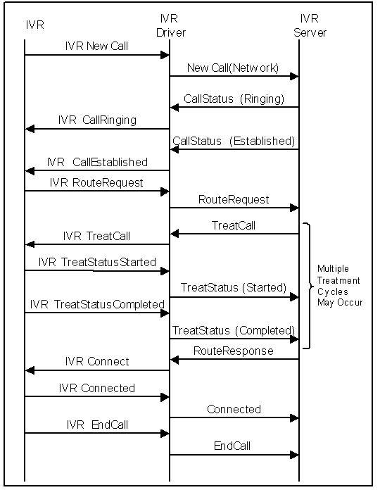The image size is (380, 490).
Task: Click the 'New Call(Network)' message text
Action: point(233,68)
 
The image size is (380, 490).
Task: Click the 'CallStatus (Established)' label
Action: point(234,141)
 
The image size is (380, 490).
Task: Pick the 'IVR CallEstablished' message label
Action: point(97,162)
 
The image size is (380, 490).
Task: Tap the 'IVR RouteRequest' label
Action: point(96,182)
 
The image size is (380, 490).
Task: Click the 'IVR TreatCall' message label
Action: point(96,236)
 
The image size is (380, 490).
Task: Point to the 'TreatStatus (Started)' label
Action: point(234,287)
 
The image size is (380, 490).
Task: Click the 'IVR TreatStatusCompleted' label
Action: point(97,304)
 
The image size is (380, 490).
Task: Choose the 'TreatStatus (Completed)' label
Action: point(234,330)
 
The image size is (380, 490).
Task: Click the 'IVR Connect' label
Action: point(97,361)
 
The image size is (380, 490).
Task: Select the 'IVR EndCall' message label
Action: point(97,425)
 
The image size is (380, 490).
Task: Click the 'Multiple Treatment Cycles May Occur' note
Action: point(340,285)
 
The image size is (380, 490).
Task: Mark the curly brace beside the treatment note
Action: point(308,285)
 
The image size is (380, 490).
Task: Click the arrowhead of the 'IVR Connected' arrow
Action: point(165,397)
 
